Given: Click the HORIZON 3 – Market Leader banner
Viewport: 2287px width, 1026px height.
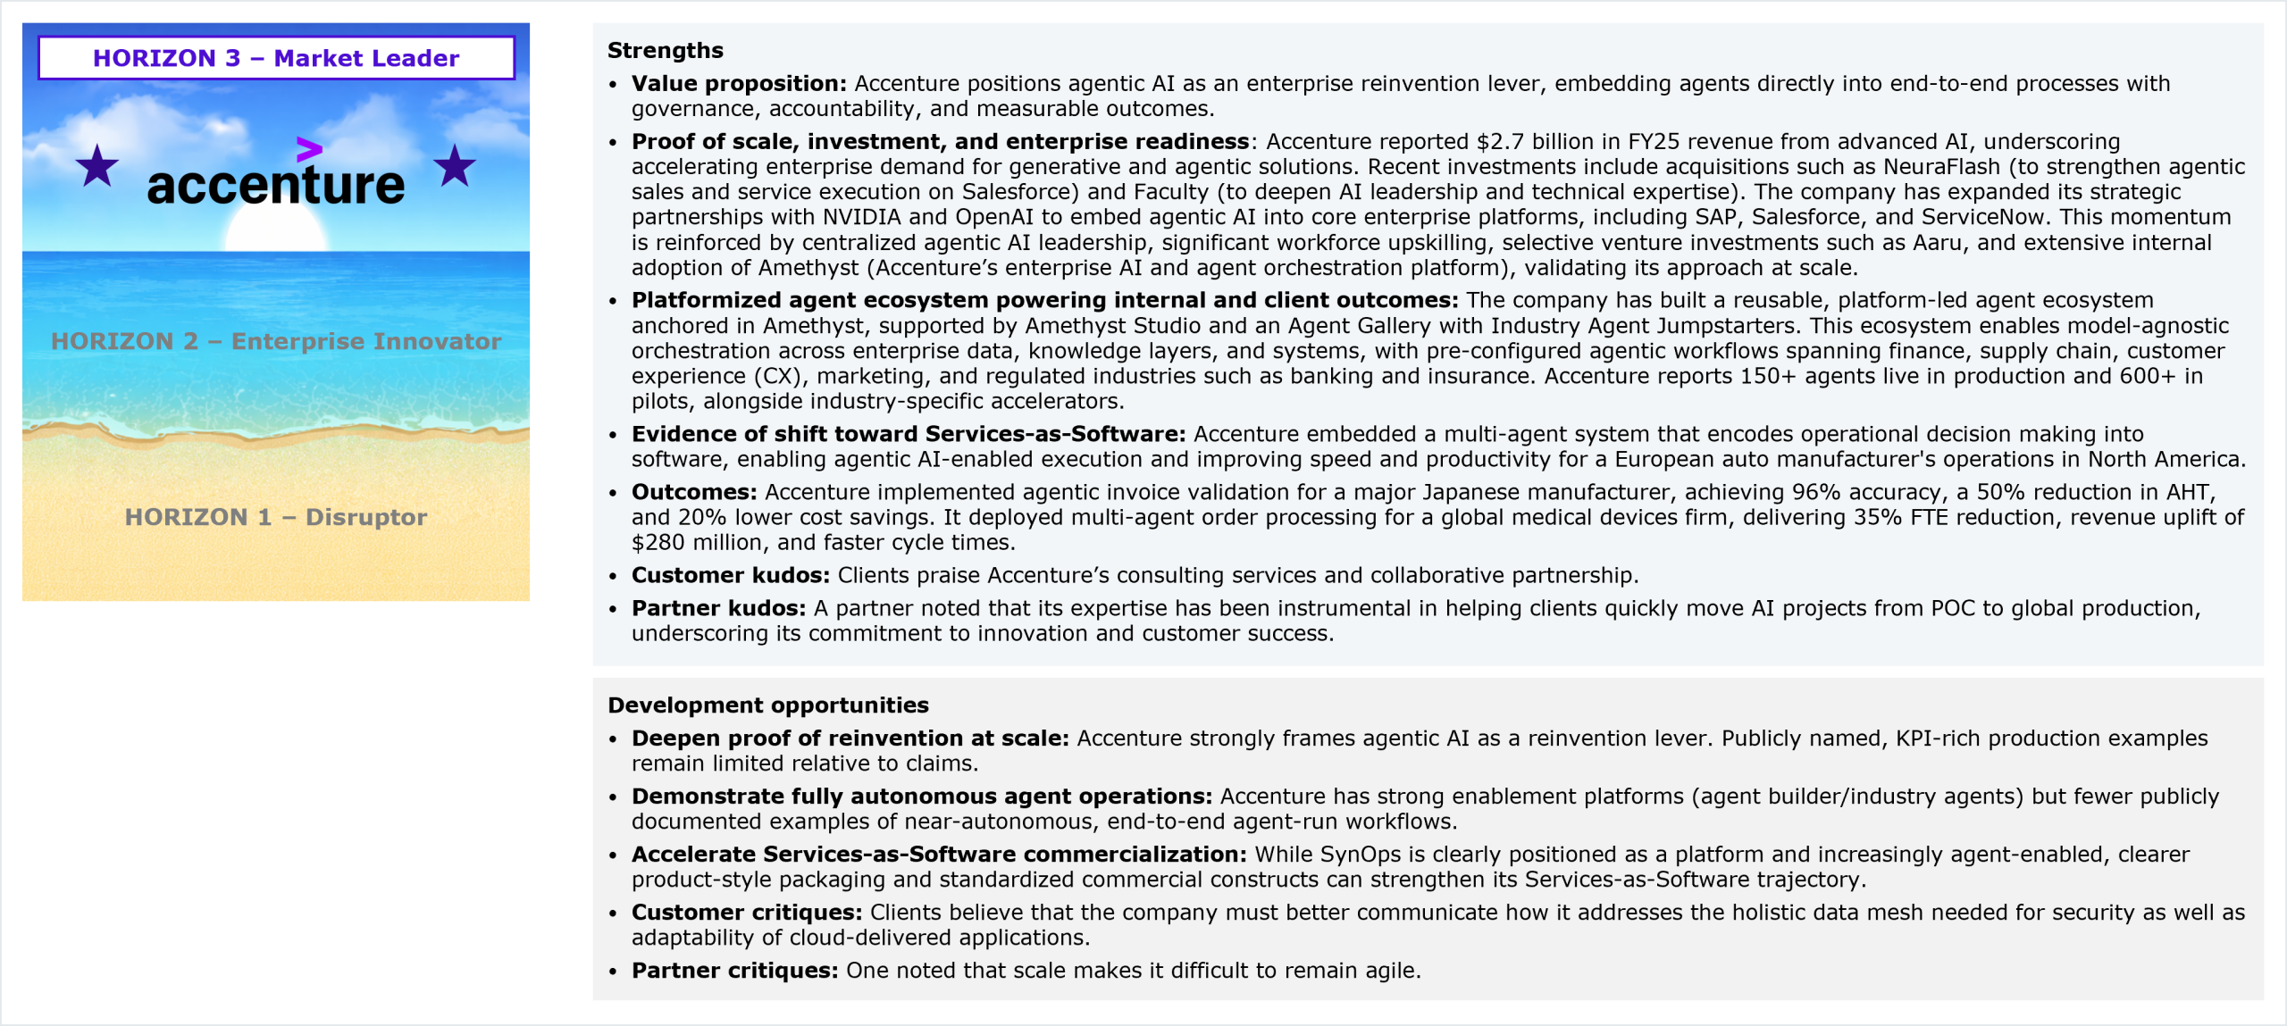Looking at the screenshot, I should (276, 58).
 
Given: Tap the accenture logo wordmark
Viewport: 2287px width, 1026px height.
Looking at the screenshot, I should (276, 185).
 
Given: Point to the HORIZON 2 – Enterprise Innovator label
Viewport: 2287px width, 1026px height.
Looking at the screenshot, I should (276, 341).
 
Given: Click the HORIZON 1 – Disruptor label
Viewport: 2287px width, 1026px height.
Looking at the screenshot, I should (276, 517).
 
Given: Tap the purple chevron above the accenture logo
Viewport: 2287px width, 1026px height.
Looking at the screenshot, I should (309, 149).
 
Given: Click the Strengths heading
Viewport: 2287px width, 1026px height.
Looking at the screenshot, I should (666, 51).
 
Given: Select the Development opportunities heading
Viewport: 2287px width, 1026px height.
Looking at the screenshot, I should (768, 705).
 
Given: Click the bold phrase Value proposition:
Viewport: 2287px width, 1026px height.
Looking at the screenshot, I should (739, 84).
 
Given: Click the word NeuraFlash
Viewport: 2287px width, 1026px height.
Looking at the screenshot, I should (1941, 167).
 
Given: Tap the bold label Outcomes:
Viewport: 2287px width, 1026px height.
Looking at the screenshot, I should (694, 492).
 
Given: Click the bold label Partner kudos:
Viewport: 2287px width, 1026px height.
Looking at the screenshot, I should (718, 608).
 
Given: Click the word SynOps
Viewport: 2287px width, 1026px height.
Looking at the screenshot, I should (1360, 855).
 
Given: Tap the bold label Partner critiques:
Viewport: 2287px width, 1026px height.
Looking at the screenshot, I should (734, 971).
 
